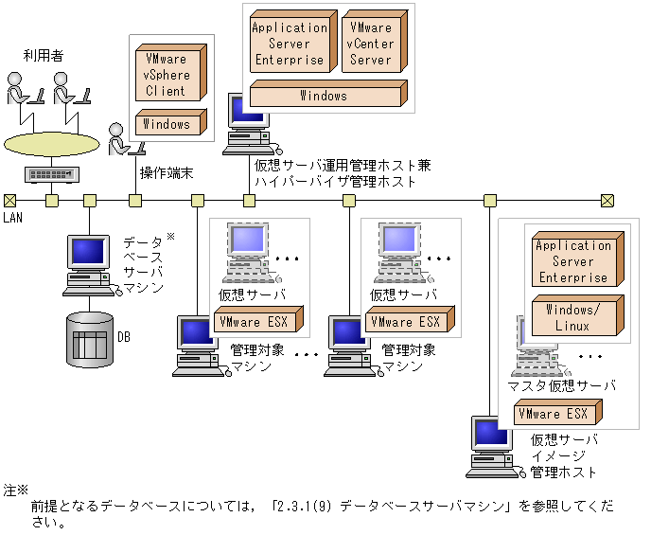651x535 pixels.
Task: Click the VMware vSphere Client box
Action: click(x=171, y=73)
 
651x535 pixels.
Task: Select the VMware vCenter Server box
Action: click(x=375, y=42)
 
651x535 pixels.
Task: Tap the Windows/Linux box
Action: click(x=578, y=315)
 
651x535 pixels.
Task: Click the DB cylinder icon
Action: click(x=90, y=340)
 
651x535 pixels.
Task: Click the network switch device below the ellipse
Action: click(x=52, y=174)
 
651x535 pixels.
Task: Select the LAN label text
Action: click(x=12, y=217)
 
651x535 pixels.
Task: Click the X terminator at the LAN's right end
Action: click(x=607, y=201)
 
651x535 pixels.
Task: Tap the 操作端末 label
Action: click(x=167, y=172)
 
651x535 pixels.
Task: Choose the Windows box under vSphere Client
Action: click(x=171, y=122)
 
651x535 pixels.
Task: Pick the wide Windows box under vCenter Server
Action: click(x=328, y=94)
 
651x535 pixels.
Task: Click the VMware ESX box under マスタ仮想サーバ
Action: click(x=557, y=413)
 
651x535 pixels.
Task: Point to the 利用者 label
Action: click(x=44, y=55)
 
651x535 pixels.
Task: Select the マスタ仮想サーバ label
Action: click(x=561, y=386)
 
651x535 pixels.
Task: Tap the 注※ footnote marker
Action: click(x=16, y=490)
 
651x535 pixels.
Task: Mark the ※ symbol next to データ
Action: click(x=170, y=237)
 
